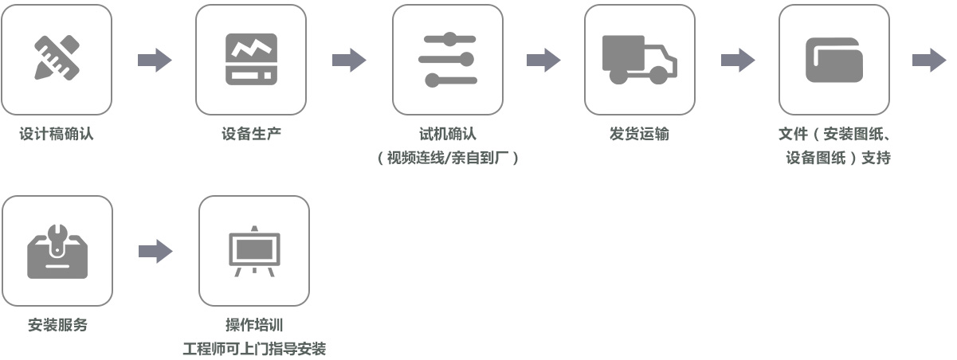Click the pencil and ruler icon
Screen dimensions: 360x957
(x=57, y=59)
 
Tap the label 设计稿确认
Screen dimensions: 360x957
(x=57, y=134)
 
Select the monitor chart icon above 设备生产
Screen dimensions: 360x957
(x=251, y=59)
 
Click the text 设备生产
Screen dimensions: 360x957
(x=251, y=134)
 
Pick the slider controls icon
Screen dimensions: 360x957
(x=447, y=59)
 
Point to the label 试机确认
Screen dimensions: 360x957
(x=447, y=134)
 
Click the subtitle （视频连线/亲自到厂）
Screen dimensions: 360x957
(x=448, y=158)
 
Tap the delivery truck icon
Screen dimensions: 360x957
(x=639, y=59)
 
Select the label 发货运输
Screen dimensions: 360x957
(x=639, y=134)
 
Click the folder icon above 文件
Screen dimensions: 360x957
(x=833, y=59)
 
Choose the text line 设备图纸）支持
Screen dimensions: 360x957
(x=837, y=158)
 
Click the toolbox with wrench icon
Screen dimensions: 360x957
(x=57, y=251)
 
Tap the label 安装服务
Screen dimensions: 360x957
(x=57, y=325)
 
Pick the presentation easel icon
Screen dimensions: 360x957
(x=253, y=251)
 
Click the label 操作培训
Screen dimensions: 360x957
(x=254, y=325)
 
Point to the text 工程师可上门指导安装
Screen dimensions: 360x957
(x=254, y=349)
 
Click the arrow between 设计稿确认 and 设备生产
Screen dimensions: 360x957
(x=155, y=60)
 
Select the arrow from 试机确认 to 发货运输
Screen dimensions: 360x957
(x=543, y=60)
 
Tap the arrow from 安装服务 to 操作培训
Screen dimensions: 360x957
(x=155, y=252)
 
